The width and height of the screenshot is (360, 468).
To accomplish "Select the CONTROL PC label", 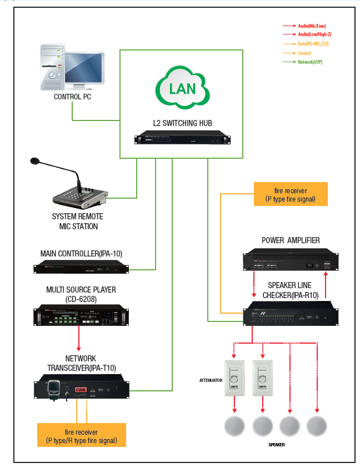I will point(72,97).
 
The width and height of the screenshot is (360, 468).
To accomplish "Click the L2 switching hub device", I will point(182,139).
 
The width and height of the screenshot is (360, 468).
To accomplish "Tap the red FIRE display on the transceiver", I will point(81,391).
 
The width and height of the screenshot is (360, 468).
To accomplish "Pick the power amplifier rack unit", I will point(290,262).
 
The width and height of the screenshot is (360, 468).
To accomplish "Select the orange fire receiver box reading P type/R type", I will point(81,435).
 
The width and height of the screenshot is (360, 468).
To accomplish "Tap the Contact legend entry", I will point(304,53).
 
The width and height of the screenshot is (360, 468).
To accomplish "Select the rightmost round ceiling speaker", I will point(317,426).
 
